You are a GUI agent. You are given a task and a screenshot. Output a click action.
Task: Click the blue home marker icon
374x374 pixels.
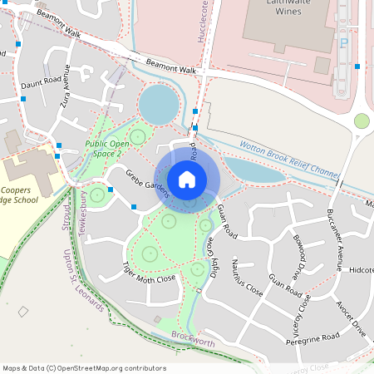(187, 179)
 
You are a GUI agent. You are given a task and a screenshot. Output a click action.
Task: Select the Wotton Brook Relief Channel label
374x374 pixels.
(289, 160)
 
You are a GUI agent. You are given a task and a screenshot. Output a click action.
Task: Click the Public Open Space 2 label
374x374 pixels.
(107, 147)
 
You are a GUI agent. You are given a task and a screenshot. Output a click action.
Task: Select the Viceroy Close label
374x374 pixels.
(304, 308)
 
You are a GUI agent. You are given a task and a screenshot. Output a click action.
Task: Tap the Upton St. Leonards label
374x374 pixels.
(84, 280)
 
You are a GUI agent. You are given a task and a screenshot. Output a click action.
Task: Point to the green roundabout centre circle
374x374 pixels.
(362, 121)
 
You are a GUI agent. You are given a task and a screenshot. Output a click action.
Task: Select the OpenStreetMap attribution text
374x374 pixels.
(84, 368)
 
